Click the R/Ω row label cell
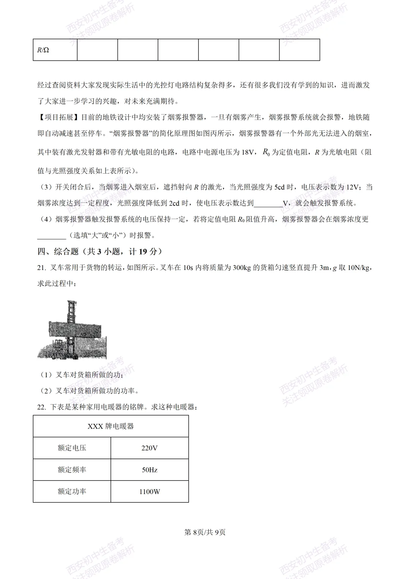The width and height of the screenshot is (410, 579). click(x=55, y=50)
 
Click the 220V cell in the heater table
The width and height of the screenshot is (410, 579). click(x=150, y=448)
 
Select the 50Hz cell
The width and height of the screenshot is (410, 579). click(x=150, y=470)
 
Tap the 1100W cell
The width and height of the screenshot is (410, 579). click(x=150, y=492)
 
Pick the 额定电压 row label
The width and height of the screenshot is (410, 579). click(x=72, y=448)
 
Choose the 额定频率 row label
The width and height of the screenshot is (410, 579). click(x=72, y=470)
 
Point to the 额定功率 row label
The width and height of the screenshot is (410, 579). click(x=72, y=492)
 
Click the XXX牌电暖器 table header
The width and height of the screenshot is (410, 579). click(x=110, y=427)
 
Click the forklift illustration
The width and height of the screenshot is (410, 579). click(x=72, y=330)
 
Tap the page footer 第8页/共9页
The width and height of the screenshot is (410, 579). click(x=205, y=532)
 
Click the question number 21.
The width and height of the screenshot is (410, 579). click(x=41, y=268)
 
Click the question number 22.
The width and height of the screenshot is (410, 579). click(x=41, y=407)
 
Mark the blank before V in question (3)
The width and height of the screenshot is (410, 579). click(x=268, y=203)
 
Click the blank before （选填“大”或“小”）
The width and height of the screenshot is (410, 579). click(x=52, y=235)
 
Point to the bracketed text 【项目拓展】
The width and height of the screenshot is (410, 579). click(x=59, y=117)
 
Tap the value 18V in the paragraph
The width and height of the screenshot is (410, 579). click(x=248, y=152)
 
